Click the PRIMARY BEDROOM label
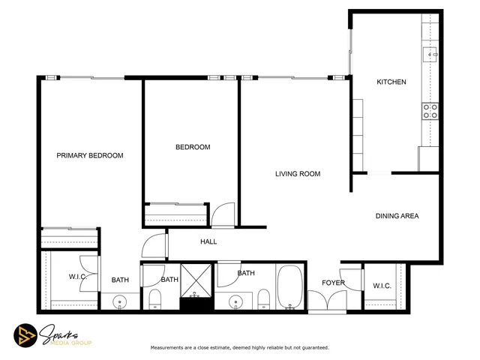point(90,155)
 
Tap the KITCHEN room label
point(391,82)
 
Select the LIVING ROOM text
point(297,174)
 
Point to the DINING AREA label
point(397,216)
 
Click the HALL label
point(208,241)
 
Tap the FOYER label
point(333,283)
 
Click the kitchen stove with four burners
point(430,111)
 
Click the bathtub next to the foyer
point(289,287)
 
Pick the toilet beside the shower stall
point(156,301)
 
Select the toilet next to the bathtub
point(263,301)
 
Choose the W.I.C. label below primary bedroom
point(78,277)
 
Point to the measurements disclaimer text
point(240,348)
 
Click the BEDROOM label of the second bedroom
point(193,147)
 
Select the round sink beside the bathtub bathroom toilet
point(237,302)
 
